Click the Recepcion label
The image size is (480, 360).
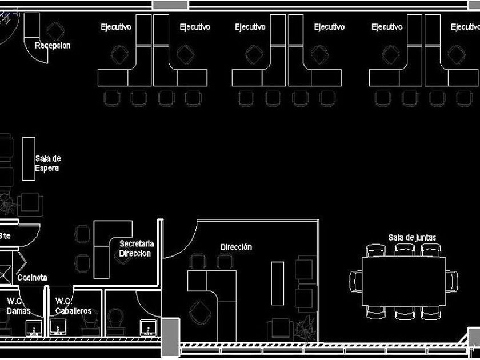tap(53, 46)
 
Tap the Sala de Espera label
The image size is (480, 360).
tap(47, 163)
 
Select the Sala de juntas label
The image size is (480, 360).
tap(412, 237)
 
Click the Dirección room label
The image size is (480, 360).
tap(236, 247)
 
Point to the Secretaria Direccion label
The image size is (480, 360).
tap(136, 249)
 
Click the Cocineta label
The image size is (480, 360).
tap(32, 278)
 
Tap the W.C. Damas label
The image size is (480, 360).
tap(18, 306)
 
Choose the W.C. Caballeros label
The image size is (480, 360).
tap(73, 306)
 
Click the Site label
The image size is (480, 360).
tap(5, 235)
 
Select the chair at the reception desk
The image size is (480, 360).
tap(55, 30)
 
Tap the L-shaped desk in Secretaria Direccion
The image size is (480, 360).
tap(105, 247)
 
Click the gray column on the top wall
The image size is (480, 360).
tap(170, 5)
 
